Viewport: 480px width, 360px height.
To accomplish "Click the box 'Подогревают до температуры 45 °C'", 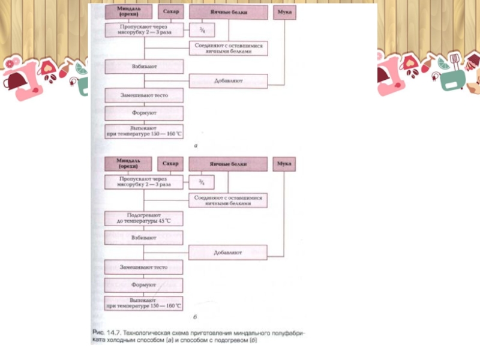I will pos(143,218).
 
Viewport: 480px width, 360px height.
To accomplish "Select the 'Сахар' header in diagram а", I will pos(170,11).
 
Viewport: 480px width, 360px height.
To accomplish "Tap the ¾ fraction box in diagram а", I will pos(202,29).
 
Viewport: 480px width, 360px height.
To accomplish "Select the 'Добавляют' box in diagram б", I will pos(228,253).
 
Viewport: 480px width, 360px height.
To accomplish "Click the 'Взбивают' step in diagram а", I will pos(143,67).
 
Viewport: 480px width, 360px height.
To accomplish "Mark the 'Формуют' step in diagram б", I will pos(143,285).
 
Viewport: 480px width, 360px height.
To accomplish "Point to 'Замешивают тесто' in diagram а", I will pos(143,95).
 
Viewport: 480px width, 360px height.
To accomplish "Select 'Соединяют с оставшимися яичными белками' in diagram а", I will pos(228,49).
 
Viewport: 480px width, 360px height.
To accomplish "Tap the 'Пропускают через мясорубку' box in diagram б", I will pos(143,182).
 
